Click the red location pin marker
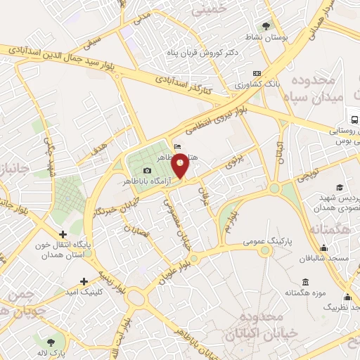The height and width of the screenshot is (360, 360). click(x=181, y=166)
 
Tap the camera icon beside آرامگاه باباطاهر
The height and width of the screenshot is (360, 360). click(x=147, y=171)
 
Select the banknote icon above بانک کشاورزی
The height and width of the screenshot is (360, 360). click(x=257, y=73)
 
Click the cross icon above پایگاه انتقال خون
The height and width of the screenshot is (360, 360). click(x=63, y=234)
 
